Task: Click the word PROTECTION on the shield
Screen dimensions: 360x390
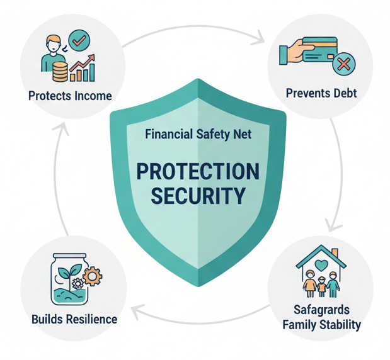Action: (198, 171)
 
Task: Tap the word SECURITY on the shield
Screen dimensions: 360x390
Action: (198, 196)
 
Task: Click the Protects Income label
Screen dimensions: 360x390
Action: (70, 96)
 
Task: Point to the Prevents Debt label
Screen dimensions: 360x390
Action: (321, 94)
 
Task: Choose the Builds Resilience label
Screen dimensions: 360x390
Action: (74, 319)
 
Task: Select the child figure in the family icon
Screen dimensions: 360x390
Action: (322, 286)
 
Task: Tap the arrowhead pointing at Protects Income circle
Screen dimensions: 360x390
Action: (61, 128)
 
